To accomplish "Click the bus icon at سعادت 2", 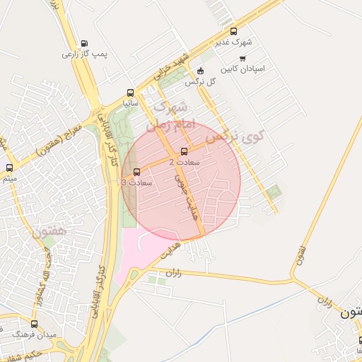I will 185,151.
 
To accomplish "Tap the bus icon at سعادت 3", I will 136,172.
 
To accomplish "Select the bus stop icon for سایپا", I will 129,93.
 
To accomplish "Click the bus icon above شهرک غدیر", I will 234,31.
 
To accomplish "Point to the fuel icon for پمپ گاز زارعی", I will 85,44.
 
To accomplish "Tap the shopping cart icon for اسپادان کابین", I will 243,59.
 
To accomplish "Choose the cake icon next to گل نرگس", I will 200,71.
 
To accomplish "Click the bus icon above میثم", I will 9,168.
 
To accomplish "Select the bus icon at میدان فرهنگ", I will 33,323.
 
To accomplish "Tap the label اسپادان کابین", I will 243,69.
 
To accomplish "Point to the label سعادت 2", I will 185,162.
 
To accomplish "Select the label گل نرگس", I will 200,82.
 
